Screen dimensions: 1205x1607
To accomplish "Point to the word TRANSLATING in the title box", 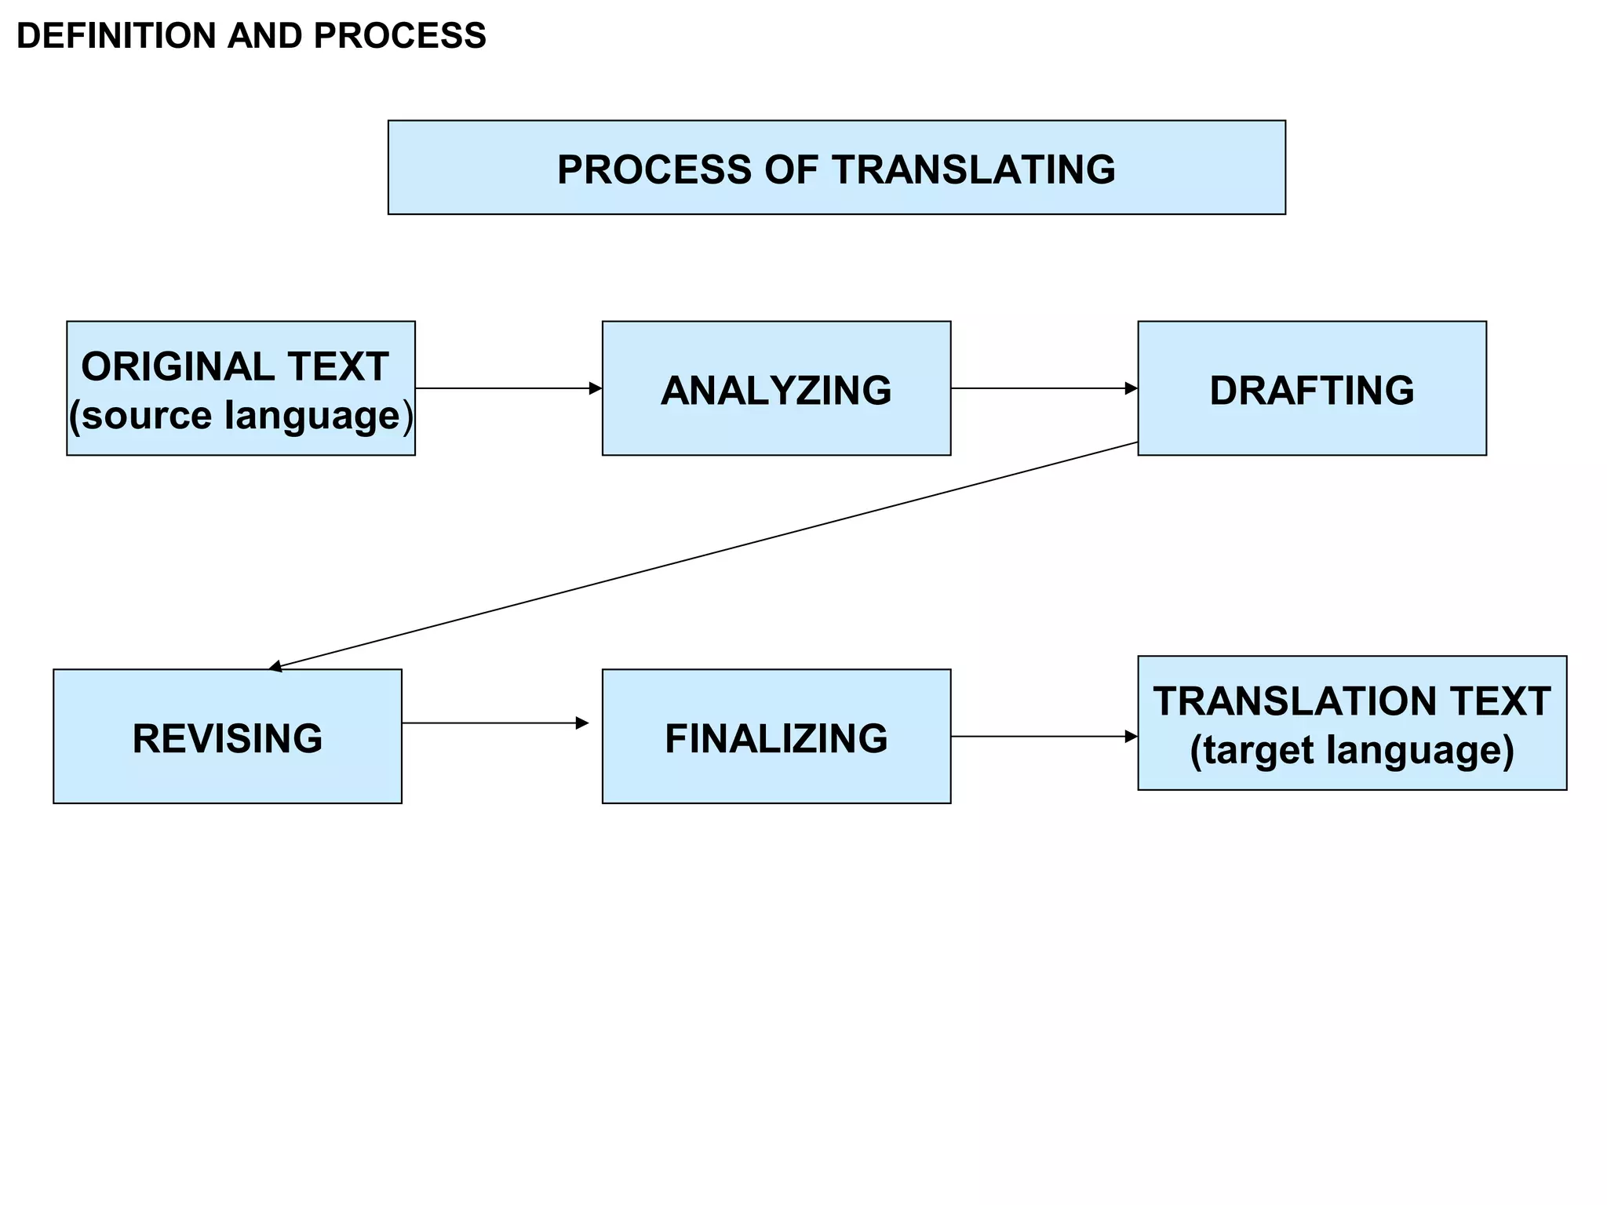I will pyautogui.click(x=973, y=169).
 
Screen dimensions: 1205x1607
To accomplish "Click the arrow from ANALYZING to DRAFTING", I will pyautogui.click(x=1044, y=388).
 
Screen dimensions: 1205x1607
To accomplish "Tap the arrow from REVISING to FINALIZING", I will pyautogui.click(x=494, y=723).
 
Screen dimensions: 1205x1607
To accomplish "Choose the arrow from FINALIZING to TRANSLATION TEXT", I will pyautogui.click(x=1044, y=736).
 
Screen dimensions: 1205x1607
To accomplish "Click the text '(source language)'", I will pyautogui.click(x=240, y=416).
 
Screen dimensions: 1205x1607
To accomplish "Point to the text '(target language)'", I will pyautogui.click(x=1351, y=750).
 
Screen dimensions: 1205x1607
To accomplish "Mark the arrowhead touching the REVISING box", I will pyautogui.click(x=275, y=667).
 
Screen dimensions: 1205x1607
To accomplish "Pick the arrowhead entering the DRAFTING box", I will pyautogui.click(x=1131, y=388).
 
